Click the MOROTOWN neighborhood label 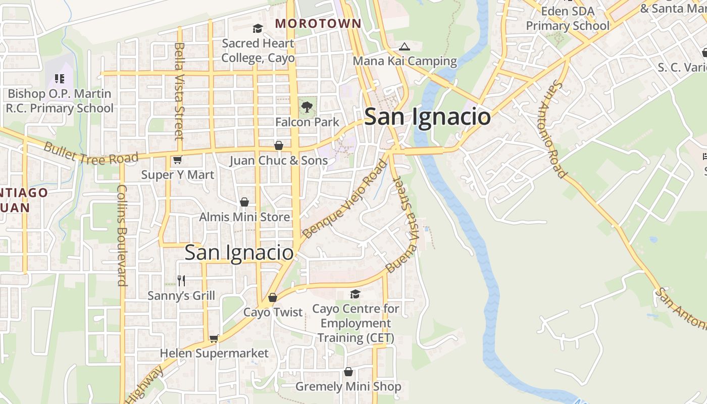(x=318, y=23)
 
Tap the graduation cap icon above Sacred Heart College (x=258, y=28)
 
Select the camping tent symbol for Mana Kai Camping (x=404, y=47)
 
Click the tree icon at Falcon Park (x=307, y=107)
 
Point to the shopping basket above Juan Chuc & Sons (x=278, y=145)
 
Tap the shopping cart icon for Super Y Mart (x=177, y=160)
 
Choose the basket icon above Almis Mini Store (x=244, y=202)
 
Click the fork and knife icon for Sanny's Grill (x=181, y=280)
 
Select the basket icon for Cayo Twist (x=273, y=297)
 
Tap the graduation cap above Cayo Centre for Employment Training (x=355, y=294)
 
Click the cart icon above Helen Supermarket (x=214, y=338)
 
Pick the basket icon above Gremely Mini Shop (x=348, y=372)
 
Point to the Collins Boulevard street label (x=122, y=235)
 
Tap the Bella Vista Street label (x=179, y=91)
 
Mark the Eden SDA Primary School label (x=568, y=18)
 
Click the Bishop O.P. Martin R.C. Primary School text (x=60, y=101)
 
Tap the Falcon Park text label (x=307, y=122)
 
